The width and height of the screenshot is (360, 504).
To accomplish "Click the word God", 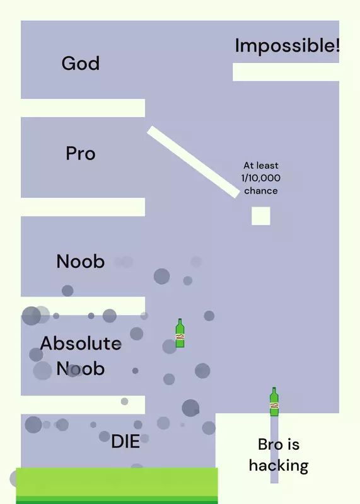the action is pyautogui.click(x=81, y=63).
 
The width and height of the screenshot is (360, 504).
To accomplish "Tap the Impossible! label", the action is pyautogui.click(x=287, y=45).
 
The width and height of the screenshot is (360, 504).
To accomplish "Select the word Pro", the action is pyautogui.click(x=81, y=153).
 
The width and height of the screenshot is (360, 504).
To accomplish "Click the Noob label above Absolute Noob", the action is pyautogui.click(x=81, y=261).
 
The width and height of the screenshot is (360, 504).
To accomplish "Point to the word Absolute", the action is pyautogui.click(x=81, y=343).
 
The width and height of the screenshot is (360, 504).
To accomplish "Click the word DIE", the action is pyautogui.click(x=125, y=441).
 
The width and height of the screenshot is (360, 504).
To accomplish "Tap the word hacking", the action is pyautogui.click(x=279, y=466).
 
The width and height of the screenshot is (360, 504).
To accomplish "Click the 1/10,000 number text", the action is pyautogui.click(x=261, y=178).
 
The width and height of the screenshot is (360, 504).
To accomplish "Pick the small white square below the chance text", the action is pyautogui.click(x=261, y=216).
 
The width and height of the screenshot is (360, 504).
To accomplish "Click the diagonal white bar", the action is pyautogui.click(x=194, y=162).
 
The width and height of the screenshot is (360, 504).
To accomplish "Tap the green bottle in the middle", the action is pyautogui.click(x=180, y=333).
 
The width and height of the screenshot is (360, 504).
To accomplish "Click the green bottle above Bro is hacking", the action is pyautogui.click(x=274, y=402).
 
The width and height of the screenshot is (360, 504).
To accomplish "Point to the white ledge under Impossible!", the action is pyautogui.click(x=286, y=72).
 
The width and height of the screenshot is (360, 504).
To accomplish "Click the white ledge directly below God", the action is pyautogui.click(x=83, y=108).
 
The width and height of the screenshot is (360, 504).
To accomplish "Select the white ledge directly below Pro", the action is pyautogui.click(x=83, y=207).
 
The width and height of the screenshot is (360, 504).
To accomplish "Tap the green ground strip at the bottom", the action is pyautogui.click(x=117, y=486).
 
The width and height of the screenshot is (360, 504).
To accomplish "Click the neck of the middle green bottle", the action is pyautogui.click(x=180, y=322).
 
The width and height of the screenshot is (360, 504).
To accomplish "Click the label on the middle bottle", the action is pyautogui.click(x=180, y=337).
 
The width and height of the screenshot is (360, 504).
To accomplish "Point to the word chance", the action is pyautogui.click(x=261, y=191).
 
